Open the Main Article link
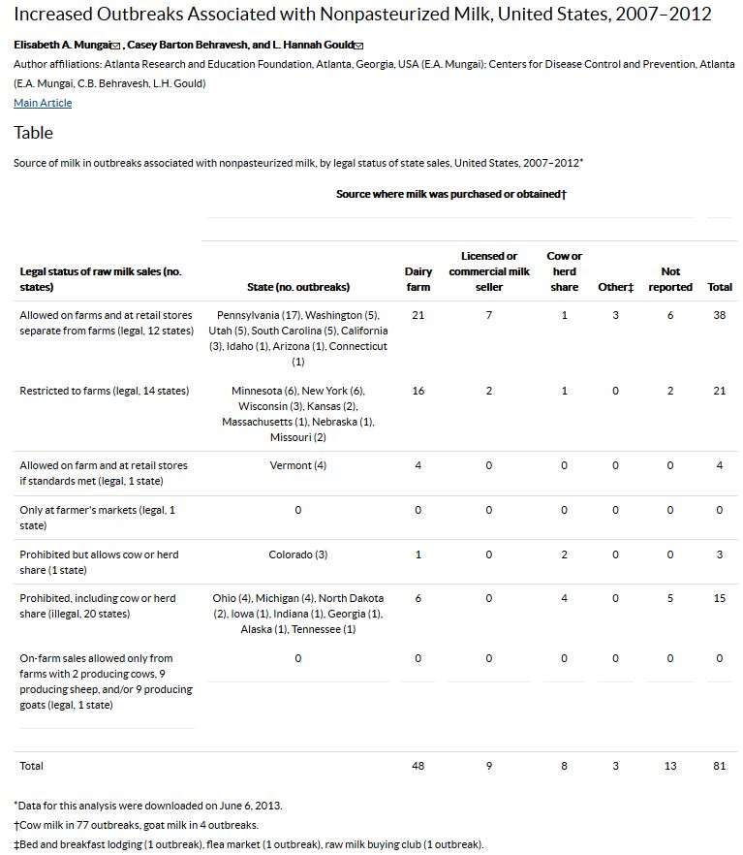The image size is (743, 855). [x=43, y=103]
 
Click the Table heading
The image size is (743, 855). [x=33, y=133]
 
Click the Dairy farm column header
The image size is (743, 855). [x=418, y=279]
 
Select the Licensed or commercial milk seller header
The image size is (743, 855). [x=489, y=271]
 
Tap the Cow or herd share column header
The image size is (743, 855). [x=564, y=271]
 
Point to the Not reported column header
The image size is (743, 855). [x=670, y=279]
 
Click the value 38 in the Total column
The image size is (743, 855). [x=719, y=315]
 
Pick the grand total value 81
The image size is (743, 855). [x=719, y=766]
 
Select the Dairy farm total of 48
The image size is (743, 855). [x=418, y=766]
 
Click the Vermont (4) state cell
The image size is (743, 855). [x=298, y=465]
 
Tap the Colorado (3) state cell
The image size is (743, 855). [x=298, y=554]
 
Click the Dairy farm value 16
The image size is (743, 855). [x=418, y=391]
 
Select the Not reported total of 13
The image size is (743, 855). [x=670, y=766]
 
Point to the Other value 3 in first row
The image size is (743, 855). [x=615, y=315]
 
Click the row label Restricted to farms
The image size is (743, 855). [x=105, y=391]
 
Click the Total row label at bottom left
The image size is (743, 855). [x=32, y=766]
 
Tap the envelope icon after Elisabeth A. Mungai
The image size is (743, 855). [x=116, y=47]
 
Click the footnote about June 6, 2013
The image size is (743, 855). [x=148, y=806]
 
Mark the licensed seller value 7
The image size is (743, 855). [x=489, y=315]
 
